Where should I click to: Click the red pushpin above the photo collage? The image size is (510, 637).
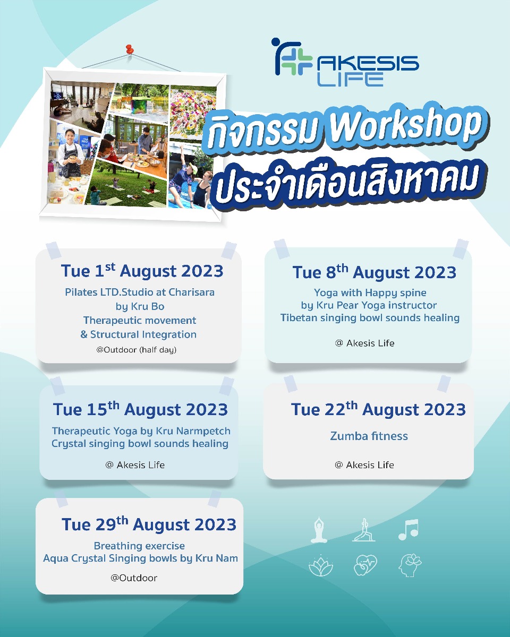[129, 49]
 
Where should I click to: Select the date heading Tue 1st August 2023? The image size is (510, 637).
[142, 271]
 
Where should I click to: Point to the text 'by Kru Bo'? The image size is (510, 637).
[140, 306]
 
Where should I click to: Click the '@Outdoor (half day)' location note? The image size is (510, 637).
[137, 350]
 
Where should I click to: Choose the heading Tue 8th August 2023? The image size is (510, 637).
[375, 272]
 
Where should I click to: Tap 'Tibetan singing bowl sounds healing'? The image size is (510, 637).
[370, 317]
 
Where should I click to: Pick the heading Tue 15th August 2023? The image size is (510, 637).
[140, 409]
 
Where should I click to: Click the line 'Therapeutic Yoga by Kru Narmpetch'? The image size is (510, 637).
[141, 431]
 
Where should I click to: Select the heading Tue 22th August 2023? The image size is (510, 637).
[378, 409]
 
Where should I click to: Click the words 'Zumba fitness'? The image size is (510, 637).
[369, 436]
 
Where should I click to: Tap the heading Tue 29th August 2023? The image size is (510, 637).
[149, 524]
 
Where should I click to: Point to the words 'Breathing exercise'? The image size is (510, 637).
[139, 546]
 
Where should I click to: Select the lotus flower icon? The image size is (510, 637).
[321, 565]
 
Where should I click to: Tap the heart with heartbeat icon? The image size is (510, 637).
[365, 565]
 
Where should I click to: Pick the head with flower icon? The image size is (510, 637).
[410, 565]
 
